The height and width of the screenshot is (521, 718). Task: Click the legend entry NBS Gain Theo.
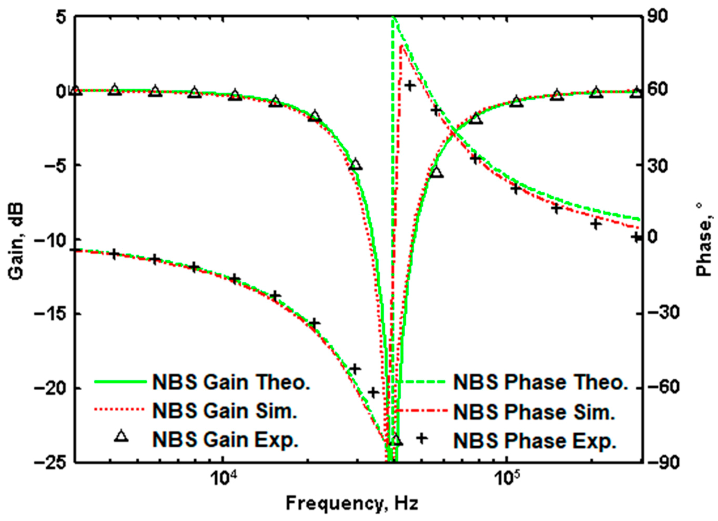click(x=231, y=382)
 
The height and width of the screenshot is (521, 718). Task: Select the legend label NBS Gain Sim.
click(x=225, y=411)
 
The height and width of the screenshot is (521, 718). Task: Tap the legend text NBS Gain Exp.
click(x=225, y=440)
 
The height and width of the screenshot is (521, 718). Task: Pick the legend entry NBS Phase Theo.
click(x=540, y=382)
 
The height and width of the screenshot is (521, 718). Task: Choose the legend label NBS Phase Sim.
click(x=534, y=412)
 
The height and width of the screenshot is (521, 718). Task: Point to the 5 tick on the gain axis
click(x=61, y=17)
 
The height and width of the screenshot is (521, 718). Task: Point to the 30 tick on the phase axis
click(x=657, y=165)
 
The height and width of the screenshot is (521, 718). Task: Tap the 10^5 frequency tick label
click(x=506, y=478)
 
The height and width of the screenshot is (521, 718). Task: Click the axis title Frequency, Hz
click(x=352, y=503)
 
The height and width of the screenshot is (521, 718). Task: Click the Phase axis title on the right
click(x=704, y=239)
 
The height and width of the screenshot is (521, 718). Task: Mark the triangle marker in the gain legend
click(x=121, y=436)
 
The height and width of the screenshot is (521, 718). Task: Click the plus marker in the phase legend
click(x=422, y=438)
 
